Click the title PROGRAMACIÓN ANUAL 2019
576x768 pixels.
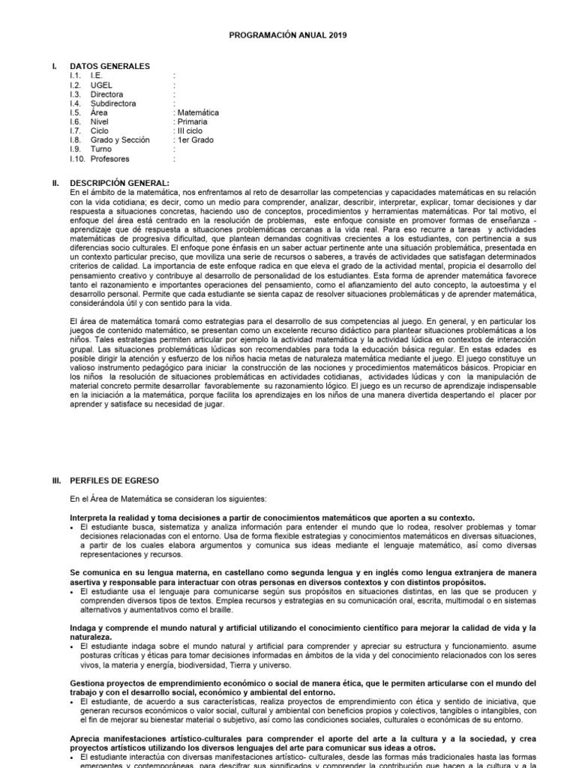pyautogui.click(x=288, y=34)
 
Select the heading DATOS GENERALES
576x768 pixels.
pyautogui.click(x=109, y=66)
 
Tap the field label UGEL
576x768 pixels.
pyautogui.click(x=101, y=85)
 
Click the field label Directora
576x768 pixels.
pyautogui.click(x=107, y=94)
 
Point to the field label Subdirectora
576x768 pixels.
pyautogui.click(x=113, y=103)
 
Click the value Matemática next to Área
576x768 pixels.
pyautogui.click(x=198, y=112)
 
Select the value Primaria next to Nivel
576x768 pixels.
pyautogui.click(x=193, y=121)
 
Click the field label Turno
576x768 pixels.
pyautogui.click(x=102, y=149)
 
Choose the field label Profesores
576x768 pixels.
pyautogui.click(x=109, y=159)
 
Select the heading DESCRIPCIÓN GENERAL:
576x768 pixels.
pyautogui.click(x=120, y=182)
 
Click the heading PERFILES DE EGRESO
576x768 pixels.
pyautogui.click(x=115, y=480)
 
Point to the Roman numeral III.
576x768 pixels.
pyautogui.click(x=55, y=480)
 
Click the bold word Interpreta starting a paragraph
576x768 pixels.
pyautogui.click(x=89, y=517)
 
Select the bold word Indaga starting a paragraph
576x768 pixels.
pyautogui.click(x=84, y=626)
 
